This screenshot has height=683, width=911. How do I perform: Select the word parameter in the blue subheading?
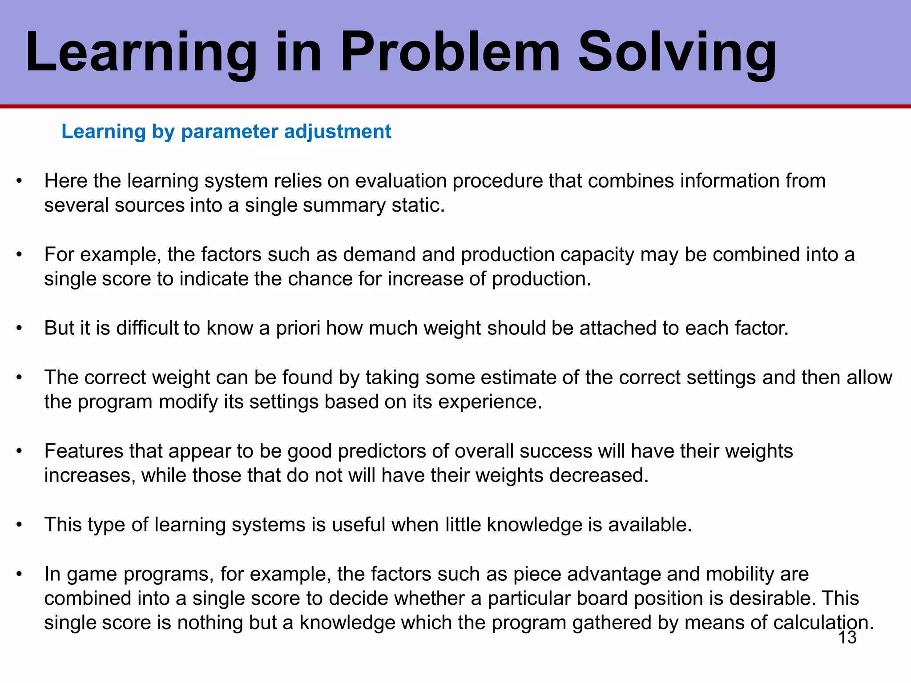click(x=230, y=132)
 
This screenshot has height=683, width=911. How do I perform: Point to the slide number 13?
click(x=847, y=638)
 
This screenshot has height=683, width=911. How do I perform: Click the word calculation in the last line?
click(x=823, y=623)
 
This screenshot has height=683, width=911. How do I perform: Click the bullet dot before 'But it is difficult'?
click(x=19, y=329)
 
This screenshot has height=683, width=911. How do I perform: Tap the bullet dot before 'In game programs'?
click(x=19, y=575)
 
